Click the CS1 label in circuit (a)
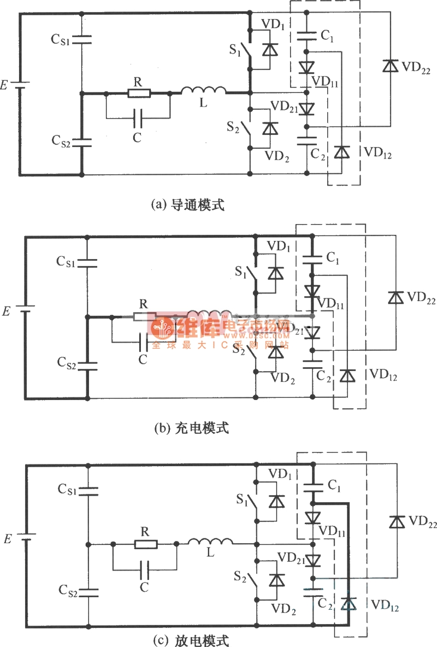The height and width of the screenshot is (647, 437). (61, 39)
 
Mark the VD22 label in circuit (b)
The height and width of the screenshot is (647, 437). (422, 298)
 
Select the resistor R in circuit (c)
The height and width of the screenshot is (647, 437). (146, 544)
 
